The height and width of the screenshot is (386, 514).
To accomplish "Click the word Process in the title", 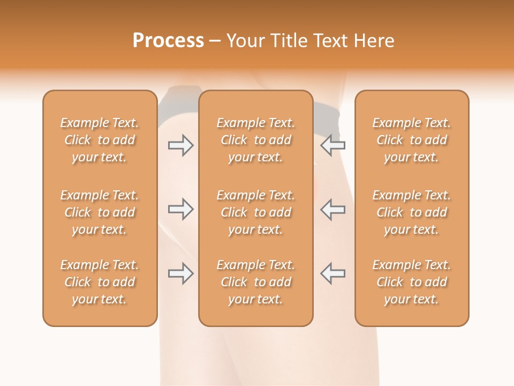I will coord(168,41).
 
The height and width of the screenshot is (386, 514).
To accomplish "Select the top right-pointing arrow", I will coord(180,145).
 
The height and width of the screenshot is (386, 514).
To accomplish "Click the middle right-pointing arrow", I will coord(180,209).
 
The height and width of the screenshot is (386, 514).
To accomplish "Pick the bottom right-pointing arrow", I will coord(180,273).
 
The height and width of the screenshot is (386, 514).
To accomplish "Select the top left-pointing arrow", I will coord(332,145).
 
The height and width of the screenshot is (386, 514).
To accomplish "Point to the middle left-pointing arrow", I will coord(332,209).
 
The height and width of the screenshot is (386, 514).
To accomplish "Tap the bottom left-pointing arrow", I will coord(332,273).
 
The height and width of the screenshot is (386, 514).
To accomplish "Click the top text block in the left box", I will coord(100,140).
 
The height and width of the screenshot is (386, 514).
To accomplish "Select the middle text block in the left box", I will coord(100,212).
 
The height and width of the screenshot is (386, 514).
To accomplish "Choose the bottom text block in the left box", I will coord(100,282).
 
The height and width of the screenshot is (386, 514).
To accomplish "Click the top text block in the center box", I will coord(255,140).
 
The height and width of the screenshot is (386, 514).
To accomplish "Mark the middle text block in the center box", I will coord(255,212).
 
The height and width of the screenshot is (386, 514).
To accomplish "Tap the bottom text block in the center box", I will coord(255,282).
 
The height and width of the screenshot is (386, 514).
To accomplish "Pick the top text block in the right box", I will coord(411,140).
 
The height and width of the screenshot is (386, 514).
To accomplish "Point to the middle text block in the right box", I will coord(411,212).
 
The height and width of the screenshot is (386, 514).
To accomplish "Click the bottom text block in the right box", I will coord(411,282).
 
